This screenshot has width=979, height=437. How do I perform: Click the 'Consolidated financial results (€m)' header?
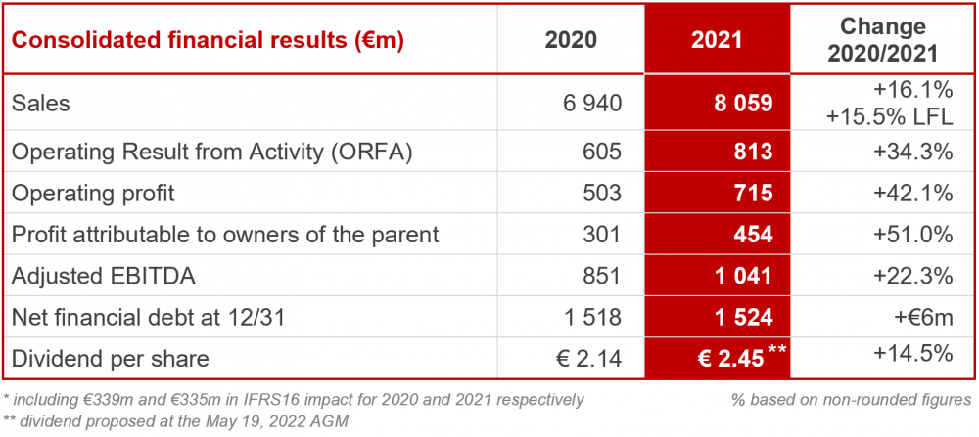tap(208, 41)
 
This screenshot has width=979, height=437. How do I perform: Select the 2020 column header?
tap(571, 41)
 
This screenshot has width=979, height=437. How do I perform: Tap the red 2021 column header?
tap(717, 41)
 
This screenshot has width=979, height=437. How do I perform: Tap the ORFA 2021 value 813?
tap(753, 153)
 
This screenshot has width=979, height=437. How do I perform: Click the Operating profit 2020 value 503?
tap(602, 194)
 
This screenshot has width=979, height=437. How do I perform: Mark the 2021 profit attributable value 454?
tap(753, 235)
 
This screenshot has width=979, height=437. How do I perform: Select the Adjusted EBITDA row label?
tap(103, 277)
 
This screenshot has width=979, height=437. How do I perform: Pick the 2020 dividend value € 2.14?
tap(587, 359)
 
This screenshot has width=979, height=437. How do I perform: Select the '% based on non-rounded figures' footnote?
tap(851, 399)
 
